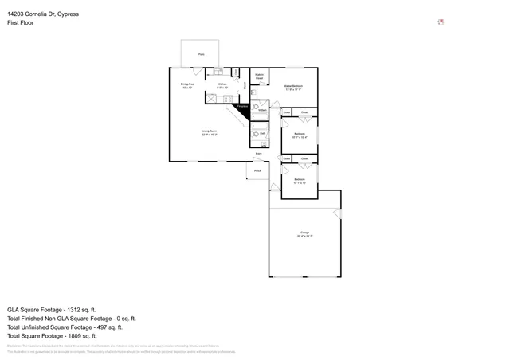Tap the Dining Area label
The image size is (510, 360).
tap(186, 85)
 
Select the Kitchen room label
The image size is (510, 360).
tap(222, 85)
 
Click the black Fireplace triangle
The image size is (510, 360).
tap(246, 110)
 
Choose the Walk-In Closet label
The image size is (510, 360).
tap(259, 76)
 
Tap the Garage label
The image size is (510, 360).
tap(304, 234)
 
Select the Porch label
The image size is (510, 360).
tap(257, 170)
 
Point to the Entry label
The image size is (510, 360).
tap(258, 153)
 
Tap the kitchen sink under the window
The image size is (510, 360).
tap(219, 72)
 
